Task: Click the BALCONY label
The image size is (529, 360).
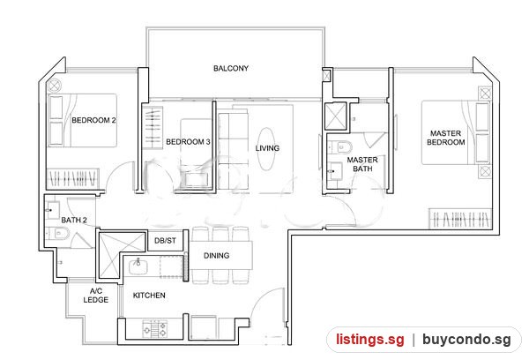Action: coord(231,68)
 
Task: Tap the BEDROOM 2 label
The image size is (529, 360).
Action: coord(93,120)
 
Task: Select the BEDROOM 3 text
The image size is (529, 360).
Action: coord(188,142)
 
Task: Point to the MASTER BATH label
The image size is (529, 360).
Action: coord(362,164)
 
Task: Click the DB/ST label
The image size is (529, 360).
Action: coord(165,241)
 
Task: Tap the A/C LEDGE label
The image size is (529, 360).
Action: coord(96,296)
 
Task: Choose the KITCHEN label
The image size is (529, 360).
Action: coord(149,296)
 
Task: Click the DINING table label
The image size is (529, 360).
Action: coord(217,256)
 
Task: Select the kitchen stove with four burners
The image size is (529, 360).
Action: coord(155,328)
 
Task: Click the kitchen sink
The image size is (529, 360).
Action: coord(138,266)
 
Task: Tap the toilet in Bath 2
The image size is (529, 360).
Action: coord(57,233)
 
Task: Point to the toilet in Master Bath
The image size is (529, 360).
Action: coord(340,147)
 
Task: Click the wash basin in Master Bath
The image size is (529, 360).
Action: coord(335,171)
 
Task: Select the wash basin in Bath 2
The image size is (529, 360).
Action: coord(53,210)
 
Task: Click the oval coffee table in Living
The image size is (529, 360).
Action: coord(266,148)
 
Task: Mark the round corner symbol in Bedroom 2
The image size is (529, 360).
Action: coord(54,86)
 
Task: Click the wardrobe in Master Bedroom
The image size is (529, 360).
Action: coord(460,219)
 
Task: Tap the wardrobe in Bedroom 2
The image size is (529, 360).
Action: coord(72,178)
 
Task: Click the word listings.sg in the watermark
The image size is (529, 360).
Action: coord(369,340)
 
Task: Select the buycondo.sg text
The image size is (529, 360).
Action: coord(466,340)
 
